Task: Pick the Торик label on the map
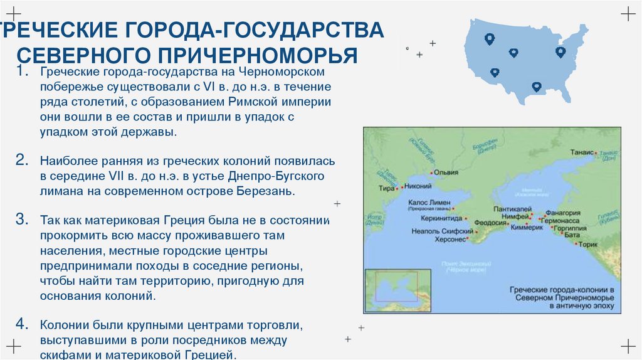[588, 245]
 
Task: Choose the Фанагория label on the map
[562, 213]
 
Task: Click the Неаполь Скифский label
[439, 231]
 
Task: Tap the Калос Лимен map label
[429, 203]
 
